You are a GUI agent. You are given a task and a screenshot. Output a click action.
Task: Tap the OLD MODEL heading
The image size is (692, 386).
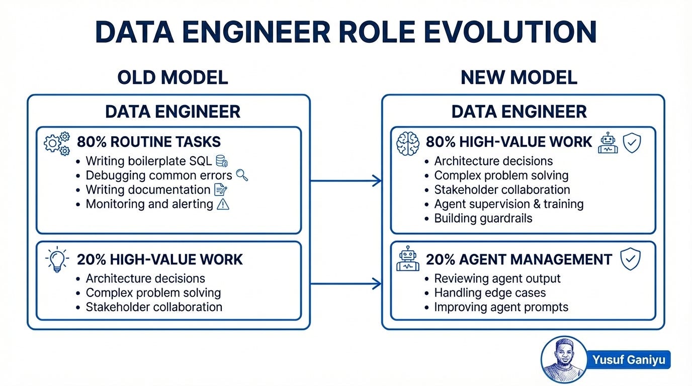coord(172,77)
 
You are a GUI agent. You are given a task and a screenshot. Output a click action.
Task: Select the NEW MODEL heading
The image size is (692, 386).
coord(518,77)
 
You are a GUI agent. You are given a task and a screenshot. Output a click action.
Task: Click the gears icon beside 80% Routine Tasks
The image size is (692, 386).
coord(57,144)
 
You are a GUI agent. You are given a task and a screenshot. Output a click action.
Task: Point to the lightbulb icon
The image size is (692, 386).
coord(57,259)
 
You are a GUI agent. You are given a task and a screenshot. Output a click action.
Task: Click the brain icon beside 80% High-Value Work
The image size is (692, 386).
coord(407,143)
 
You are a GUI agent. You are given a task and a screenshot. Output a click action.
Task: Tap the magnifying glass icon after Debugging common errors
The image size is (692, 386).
coord(242,175)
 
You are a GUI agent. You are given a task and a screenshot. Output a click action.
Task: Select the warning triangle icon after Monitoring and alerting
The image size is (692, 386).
coord(222,204)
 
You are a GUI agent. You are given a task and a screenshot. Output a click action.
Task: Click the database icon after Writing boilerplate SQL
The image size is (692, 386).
coord(221,161)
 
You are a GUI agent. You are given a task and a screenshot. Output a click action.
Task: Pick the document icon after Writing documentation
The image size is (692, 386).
coord(220,190)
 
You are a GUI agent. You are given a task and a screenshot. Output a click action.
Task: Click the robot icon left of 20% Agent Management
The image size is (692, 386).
coord(407,259)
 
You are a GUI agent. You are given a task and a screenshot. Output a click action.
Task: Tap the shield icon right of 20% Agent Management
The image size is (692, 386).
coord(629,259)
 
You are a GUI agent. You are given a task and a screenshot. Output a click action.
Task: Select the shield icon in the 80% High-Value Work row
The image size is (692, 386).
coord(632,143)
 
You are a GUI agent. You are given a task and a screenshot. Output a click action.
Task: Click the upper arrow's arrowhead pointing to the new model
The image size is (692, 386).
coord(376,181)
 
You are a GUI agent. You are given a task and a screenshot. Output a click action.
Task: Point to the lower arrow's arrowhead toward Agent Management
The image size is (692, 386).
coord(376,284)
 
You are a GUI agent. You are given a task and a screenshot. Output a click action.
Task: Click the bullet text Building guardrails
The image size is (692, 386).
coord(483,219)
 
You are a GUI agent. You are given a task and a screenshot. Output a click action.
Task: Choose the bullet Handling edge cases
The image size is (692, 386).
coord(490,293)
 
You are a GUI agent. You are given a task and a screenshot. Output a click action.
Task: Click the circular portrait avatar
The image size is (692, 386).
coord(564,360)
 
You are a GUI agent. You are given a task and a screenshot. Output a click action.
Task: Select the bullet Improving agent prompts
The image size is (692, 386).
coord(501,307)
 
